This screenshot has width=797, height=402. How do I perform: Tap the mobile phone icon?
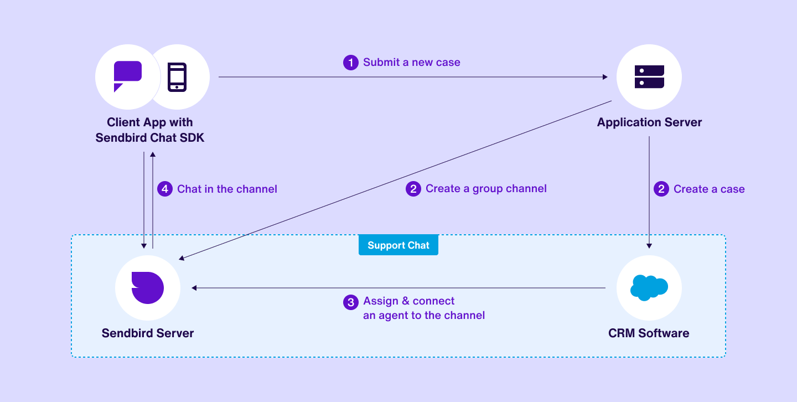[x=177, y=77]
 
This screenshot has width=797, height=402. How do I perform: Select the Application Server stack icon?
[x=649, y=77]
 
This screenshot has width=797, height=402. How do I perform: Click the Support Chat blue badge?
[x=398, y=245]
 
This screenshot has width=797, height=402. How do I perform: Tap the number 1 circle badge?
[x=351, y=63]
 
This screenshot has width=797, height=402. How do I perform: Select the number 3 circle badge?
[x=351, y=302]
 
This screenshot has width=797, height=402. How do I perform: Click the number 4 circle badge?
[x=164, y=189]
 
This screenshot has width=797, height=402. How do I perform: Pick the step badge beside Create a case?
[x=661, y=189]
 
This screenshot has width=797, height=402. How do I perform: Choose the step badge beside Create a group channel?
[x=413, y=189]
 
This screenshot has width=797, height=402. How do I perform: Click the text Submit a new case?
[x=411, y=63]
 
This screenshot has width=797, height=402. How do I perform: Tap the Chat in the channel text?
[x=227, y=189]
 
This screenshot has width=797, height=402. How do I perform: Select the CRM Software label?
[x=649, y=333]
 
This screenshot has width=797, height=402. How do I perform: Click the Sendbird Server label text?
[x=148, y=333]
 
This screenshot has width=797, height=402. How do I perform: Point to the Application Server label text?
[x=649, y=122]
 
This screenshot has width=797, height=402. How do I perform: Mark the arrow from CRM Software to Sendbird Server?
[x=398, y=288]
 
